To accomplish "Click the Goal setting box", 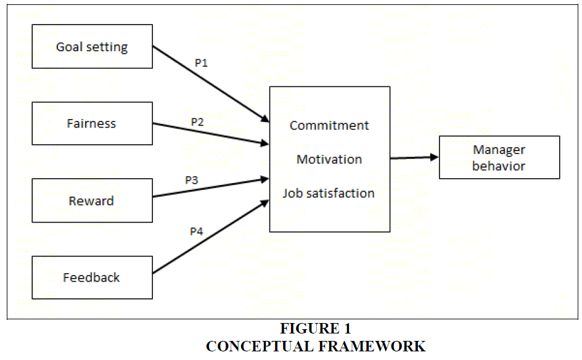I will (x=92, y=46).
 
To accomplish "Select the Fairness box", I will (x=92, y=123).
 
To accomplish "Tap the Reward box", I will (x=92, y=200).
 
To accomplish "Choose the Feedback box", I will (x=92, y=277).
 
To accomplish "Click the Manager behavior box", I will (x=499, y=157).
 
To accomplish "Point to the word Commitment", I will (x=329, y=125).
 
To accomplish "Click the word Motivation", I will (x=329, y=159).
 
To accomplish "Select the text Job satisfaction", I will (x=329, y=193).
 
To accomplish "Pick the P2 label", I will (x=197, y=122).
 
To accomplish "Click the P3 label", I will (x=192, y=181).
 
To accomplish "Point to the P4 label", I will (x=196, y=232).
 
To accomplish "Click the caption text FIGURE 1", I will (x=316, y=329).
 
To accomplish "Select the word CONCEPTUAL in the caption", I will (x=258, y=346).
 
